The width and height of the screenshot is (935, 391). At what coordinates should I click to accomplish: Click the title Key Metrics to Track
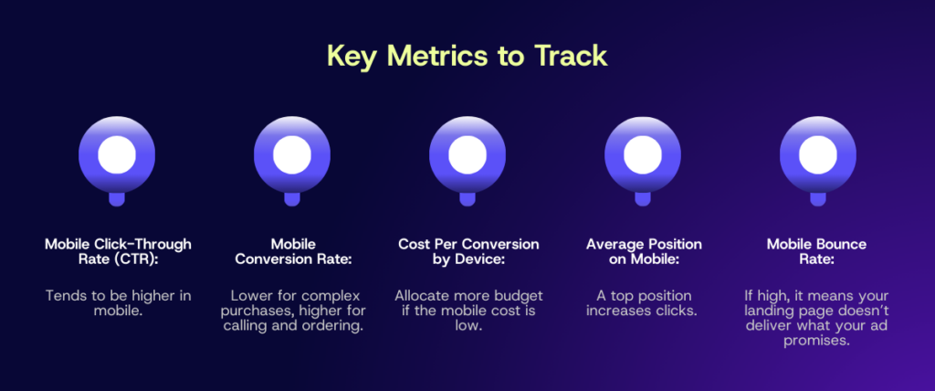[467, 55]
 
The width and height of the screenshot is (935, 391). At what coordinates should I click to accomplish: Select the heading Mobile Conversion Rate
[291, 252]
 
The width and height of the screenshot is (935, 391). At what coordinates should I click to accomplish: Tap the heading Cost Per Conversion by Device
[467, 252]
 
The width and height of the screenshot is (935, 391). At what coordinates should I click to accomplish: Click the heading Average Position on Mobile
[642, 252]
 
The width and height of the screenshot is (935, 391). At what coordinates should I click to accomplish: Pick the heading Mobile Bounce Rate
[817, 252]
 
